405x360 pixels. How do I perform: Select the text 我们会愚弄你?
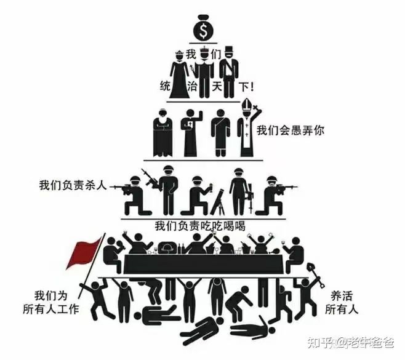click(x=291, y=130)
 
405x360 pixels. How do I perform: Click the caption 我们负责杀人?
click(x=73, y=185)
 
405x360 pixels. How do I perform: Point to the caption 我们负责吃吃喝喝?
click(x=200, y=226)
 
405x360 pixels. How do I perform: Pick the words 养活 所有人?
click(x=342, y=303)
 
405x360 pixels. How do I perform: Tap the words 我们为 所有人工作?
click(x=51, y=303)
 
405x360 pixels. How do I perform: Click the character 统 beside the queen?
click(x=165, y=86)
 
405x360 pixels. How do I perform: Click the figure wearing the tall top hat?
click(x=228, y=73)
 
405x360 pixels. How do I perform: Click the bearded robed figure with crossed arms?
click(x=162, y=133)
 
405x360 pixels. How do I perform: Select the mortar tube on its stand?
click(x=217, y=202)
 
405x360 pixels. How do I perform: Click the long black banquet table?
click(x=204, y=264)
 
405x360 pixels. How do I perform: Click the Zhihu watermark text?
click(x=350, y=343)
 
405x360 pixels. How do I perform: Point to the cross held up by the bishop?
click(x=256, y=108)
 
